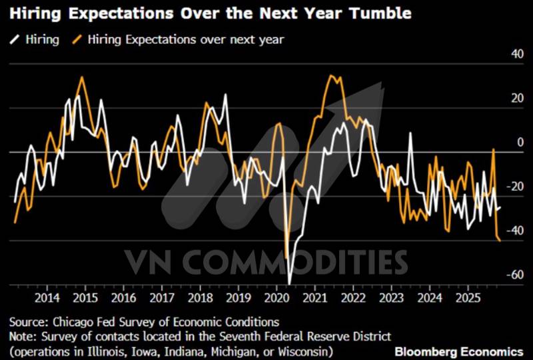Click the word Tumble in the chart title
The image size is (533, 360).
[x=378, y=13]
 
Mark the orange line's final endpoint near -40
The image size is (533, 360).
[x=501, y=241]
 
